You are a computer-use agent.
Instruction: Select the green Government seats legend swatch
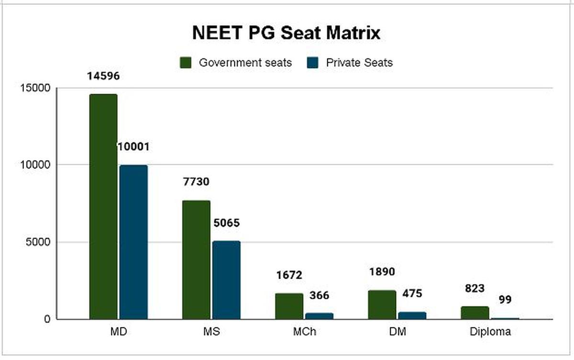[186, 63]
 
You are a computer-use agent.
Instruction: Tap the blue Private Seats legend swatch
[313, 63]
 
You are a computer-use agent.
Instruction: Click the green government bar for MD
[103, 206]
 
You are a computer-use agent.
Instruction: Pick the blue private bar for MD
[133, 242]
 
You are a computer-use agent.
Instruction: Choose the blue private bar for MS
[226, 280]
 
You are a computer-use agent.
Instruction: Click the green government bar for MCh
[289, 306]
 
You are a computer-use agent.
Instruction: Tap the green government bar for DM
[382, 304]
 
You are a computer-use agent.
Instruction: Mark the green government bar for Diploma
[475, 313]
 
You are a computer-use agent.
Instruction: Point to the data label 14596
[103, 76]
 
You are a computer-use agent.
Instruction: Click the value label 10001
[133, 146]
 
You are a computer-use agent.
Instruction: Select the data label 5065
[226, 223]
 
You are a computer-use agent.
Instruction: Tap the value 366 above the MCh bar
[319, 295]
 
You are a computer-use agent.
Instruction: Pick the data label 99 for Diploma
[505, 300]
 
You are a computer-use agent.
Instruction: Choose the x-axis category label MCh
[304, 331]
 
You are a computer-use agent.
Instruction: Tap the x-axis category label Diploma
[490, 331]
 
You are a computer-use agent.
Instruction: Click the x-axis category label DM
[397, 331]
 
